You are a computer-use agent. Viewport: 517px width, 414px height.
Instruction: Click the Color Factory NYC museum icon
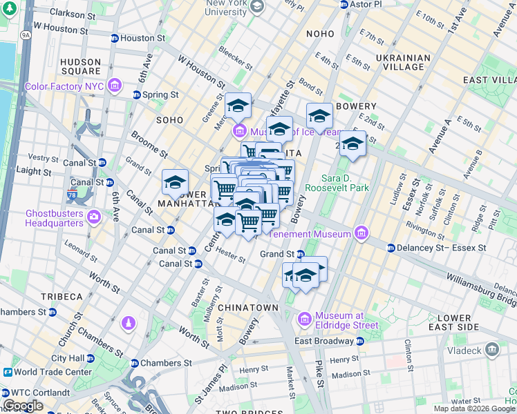115,87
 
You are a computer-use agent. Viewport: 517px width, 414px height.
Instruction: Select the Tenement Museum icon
359,233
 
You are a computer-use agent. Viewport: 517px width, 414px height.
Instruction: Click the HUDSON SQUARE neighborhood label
81,66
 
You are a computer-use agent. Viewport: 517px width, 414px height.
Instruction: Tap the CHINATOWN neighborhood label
248,307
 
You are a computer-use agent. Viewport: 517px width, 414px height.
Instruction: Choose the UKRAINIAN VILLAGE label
400,62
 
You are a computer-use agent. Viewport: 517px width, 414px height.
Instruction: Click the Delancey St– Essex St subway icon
391,248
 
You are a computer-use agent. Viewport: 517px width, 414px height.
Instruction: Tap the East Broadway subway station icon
359,341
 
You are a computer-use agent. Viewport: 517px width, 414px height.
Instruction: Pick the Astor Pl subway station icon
344,4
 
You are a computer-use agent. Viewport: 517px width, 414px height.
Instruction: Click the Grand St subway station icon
301,254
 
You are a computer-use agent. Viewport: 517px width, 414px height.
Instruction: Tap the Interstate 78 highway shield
73,195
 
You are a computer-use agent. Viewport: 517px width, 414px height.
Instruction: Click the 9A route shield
26,34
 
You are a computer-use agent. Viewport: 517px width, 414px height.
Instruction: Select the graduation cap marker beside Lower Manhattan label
176,183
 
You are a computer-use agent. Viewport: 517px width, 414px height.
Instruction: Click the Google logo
23,406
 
